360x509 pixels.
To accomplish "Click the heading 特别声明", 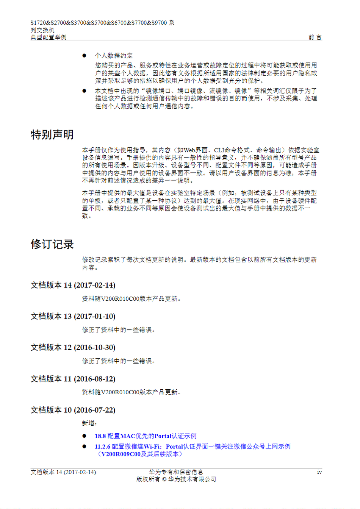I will [x=52, y=135].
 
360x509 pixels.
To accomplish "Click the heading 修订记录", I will [x=52, y=244].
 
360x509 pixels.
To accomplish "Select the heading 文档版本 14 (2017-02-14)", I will [x=73, y=285].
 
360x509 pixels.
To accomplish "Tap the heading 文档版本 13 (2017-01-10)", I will [x=73, y=316].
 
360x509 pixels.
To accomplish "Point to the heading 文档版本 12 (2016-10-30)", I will [x=73, y=347].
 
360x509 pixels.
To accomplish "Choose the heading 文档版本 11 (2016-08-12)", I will [x=73, y=379].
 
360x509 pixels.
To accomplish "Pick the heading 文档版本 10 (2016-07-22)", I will [x=73, y=410].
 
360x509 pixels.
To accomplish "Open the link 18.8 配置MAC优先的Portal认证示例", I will [x=146, y=436].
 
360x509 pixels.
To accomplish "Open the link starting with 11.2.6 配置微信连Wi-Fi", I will [x=193, y=447].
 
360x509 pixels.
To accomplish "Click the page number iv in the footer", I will [x=319, y=472].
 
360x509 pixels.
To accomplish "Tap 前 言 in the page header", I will [x=315, y=37].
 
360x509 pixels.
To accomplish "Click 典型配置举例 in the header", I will [x=49, y=37].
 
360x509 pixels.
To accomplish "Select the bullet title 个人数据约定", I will [x=114, y=55].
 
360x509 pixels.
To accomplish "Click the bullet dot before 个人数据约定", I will [x=84, y=56].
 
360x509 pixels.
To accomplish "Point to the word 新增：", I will [x=89, y=423].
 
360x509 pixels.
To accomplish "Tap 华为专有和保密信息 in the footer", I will [x=176, y=472].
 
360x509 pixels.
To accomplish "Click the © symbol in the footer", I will [x=164, y=479].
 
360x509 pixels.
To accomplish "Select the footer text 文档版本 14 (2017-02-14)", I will [x=63, y=472].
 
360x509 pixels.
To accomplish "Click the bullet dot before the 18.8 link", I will [x=84, y=436].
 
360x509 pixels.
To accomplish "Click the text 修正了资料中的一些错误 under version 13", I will [x=118, y=330].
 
